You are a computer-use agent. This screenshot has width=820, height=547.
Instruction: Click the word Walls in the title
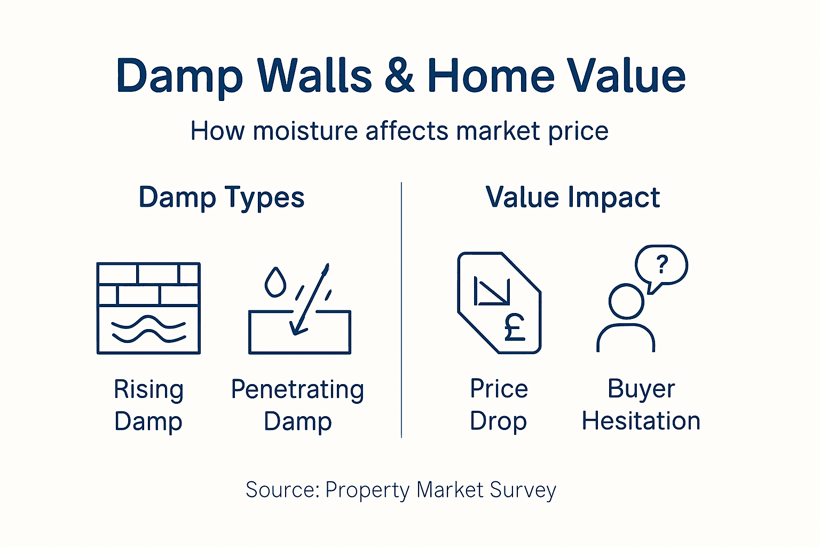tap(314, 76)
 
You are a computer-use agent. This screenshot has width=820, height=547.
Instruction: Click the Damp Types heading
tap(222, 198)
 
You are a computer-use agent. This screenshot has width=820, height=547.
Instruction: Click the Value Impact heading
tap(573, 197)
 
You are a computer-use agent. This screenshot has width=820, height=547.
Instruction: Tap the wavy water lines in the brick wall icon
tap(148, 329)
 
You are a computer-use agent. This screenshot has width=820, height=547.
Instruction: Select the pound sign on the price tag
tap(515, 327)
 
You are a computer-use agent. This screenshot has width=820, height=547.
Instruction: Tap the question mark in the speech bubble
tap(662, 264)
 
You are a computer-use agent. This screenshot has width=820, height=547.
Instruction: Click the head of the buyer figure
tap(626, 302)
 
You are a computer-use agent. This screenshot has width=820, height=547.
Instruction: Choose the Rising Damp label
tap(148, 405)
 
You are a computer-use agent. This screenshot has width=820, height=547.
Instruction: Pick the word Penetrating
tap(297, 389)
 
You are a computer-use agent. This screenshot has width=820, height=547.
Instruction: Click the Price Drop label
tap(499, 405)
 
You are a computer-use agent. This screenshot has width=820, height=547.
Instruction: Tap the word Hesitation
tap(641, 421)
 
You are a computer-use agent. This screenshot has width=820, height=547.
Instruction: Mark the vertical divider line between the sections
tap(401, 310)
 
